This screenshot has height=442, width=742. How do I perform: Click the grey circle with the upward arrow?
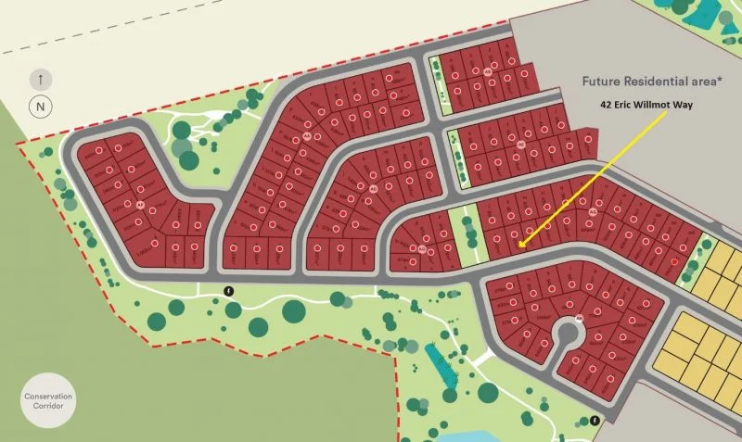coord(41,80)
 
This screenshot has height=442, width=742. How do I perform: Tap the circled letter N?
coord(41,106)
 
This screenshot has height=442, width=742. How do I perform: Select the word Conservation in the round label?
coord(48,397)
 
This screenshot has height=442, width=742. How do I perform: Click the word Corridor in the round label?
coord(48,409)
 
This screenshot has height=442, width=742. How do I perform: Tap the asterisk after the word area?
coord(739,79)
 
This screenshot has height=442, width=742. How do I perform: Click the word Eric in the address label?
coord(628,106)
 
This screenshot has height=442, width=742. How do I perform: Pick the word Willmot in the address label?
coord(659,106)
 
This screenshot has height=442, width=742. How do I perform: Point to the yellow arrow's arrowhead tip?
coord(521,246)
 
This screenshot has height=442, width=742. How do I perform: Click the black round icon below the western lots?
coord(229,291)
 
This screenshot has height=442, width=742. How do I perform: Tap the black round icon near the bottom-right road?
coord(594,420)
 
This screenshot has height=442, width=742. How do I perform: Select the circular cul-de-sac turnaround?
coord(569,335)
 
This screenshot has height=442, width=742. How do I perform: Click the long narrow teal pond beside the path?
coord(443,366)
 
